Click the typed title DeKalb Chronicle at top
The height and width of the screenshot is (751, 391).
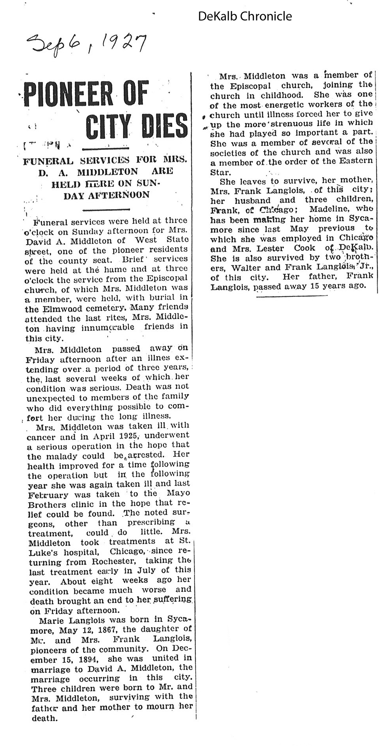[245, 16]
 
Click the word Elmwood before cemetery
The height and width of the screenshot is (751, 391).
[63, 309]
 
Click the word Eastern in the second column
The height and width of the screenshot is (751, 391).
[356, 161]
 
